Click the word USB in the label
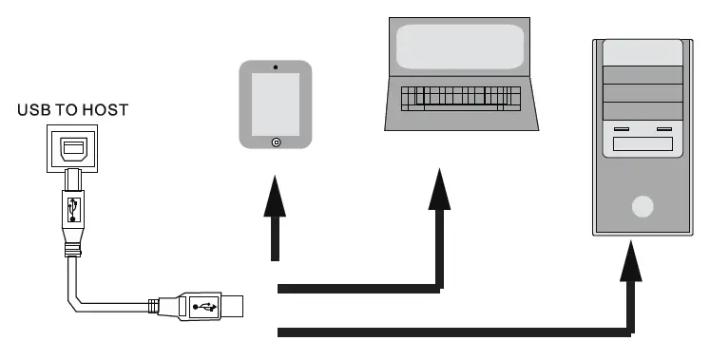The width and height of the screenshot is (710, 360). (35, 111)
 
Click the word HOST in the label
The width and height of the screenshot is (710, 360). (106, 111)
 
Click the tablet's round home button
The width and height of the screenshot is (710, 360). (276, 142)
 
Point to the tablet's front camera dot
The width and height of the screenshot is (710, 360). (276, 67)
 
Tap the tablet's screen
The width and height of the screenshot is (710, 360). (276, 104)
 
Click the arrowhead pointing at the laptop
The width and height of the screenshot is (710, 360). (439, 188)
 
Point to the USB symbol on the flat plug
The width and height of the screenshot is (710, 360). (202, 306)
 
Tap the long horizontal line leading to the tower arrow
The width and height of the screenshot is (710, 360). (447, 332)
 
